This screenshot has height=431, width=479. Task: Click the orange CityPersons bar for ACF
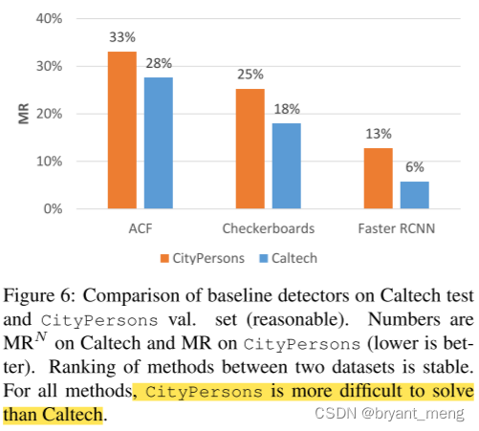[121, 130]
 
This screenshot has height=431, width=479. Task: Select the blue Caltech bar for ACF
[158, 142]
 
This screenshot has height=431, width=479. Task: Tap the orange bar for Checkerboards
[250, 148]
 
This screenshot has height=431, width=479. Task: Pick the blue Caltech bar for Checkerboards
[286, 165]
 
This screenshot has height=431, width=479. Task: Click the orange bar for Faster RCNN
[379, 178]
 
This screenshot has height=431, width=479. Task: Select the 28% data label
[159, 63]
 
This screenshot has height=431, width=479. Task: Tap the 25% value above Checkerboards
[250, 75]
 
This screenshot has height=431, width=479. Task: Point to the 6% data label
[415, 166]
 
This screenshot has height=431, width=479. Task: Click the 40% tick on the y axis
[49, 19]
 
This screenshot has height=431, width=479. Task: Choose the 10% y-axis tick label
[49, 162]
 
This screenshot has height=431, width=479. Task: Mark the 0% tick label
[53, 208]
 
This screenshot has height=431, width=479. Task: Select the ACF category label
[140, 228]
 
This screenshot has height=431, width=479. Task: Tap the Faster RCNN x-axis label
[396, 228]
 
